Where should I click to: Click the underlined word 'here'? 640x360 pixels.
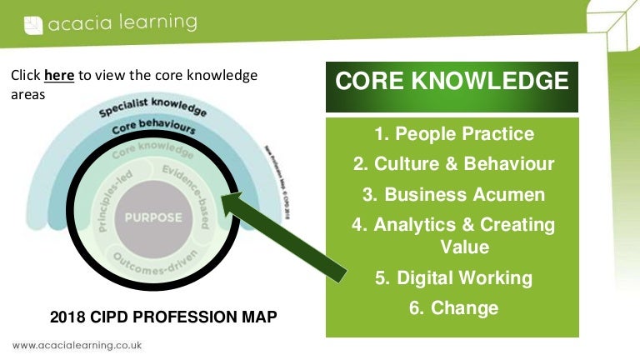click(x=59, y=76)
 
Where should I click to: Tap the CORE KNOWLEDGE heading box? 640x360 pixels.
click(x=452, y=82)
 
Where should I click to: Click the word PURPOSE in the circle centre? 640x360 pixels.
click(x=152, y=217)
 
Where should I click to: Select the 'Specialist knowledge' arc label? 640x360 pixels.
click(x=153, y=111)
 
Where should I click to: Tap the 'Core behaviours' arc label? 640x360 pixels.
click(x=153, y=130)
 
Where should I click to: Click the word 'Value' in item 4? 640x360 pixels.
click(x=465, y=247)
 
